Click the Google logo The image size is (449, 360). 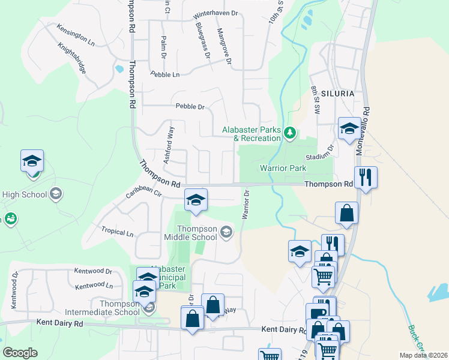(20, 353)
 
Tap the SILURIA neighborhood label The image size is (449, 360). (337, 94)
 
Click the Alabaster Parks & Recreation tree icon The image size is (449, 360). (290, 132)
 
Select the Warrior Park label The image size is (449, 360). (283, 168)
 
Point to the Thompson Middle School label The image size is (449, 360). (190, 232)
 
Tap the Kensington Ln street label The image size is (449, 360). (76, 35)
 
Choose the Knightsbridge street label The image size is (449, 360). (72, 58)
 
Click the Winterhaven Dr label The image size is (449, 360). (216, 15)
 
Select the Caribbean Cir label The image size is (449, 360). (143, 193)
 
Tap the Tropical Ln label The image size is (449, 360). (117, 232)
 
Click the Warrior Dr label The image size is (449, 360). (245, 205)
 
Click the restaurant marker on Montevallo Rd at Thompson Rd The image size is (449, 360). (366, 178)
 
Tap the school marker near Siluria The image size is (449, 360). (349, 128)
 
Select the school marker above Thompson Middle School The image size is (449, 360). (195, 200)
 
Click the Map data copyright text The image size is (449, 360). (423, 355)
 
